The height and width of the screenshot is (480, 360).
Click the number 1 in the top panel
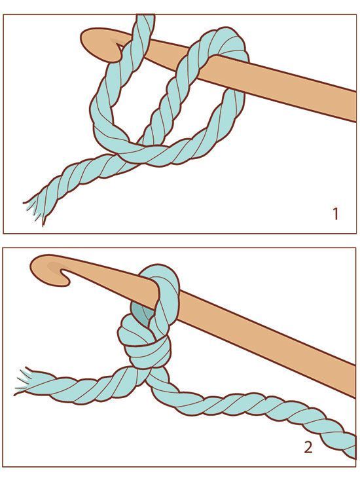[335, 213]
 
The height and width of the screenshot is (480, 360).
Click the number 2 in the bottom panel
[308, 448]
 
